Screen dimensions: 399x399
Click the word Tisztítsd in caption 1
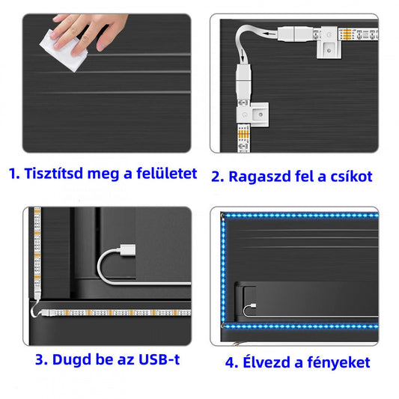coord(54,173)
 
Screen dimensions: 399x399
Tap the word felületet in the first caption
coord(167,173)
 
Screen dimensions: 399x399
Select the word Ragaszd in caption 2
coord(259,177)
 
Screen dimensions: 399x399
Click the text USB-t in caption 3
coord(159,359)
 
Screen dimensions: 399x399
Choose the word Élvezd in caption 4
coord(266,362)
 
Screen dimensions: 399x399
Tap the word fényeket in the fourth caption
coord(338,362)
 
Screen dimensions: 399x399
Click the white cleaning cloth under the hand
coord(63,51)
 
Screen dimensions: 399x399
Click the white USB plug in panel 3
coord(128,250)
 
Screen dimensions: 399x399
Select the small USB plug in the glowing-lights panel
coord(253,305)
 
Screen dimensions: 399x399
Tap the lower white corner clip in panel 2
coord(252,115)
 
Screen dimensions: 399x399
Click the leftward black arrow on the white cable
coord(269,33)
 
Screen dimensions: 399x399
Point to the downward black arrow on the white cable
coord(243,56)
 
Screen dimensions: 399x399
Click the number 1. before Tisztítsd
coord(14,174)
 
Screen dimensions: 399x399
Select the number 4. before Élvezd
coord(231,363)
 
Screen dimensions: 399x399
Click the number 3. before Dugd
coord(42,360)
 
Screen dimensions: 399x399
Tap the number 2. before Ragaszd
coord(218,177)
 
